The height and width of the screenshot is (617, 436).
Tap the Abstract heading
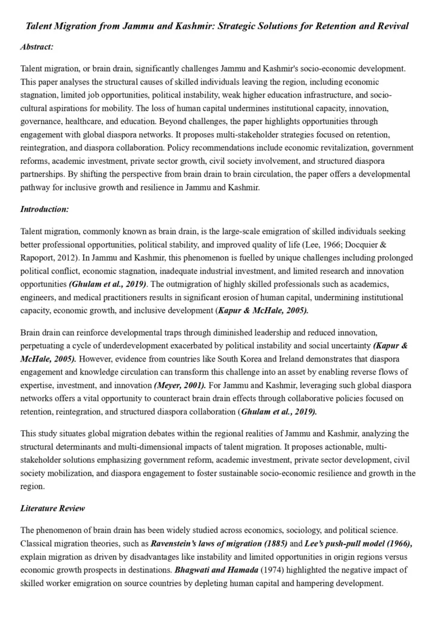pos(37,46)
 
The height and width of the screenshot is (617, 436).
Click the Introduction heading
pos(45,209)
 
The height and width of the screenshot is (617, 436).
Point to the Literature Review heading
pos(52,508)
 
